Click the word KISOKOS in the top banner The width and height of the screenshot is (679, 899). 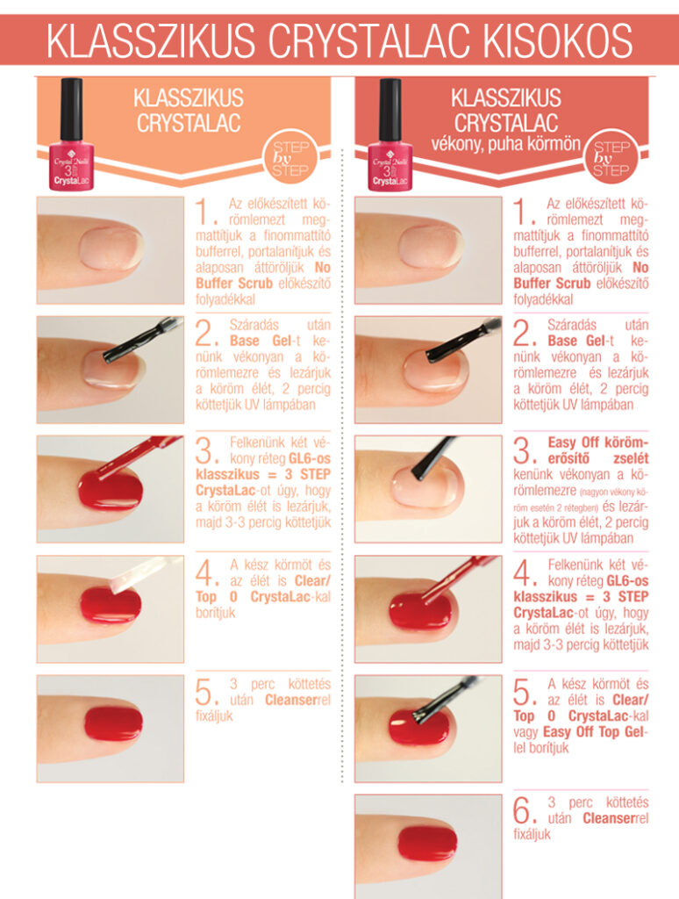pos(558,40)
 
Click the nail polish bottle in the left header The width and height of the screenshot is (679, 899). pos(71,134)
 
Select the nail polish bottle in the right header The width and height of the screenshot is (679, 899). pos(390,134)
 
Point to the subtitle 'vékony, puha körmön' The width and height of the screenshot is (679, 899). pos(506,143)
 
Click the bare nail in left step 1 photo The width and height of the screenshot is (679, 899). pos(111,248)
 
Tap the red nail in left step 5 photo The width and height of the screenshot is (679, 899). pos(113,723)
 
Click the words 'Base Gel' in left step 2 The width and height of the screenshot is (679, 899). pos(261,341)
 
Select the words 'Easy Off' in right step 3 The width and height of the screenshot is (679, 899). pos(574,442)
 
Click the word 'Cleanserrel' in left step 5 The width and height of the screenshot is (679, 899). pos(298,700)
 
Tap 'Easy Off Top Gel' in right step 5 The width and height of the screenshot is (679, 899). pos(596,732)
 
